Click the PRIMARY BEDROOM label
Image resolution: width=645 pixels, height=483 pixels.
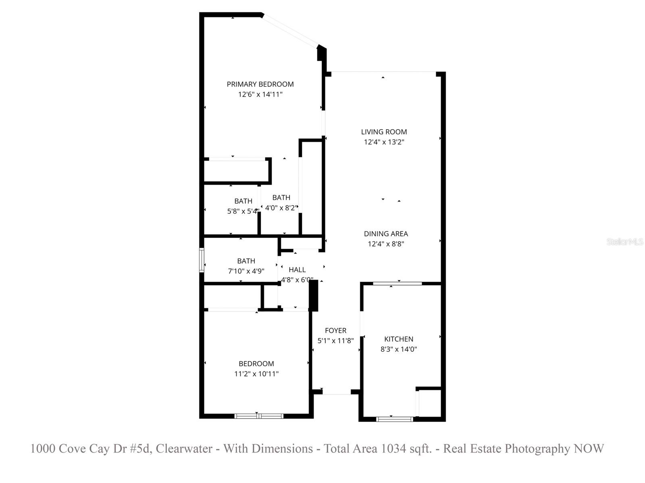(x=260, y=84)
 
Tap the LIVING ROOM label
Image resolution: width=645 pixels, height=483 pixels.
(x=384, y=132)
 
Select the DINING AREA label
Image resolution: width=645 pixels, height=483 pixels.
(x=386, y=233)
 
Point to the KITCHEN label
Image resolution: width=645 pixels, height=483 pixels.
(x=398, y=339)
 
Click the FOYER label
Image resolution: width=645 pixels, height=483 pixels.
(x=335, y=330)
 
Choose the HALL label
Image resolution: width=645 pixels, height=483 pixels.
(x=297, y=270)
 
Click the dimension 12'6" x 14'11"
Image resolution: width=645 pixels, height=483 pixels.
(x=260, y=95)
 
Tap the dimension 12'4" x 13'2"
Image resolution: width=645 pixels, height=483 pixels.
(x=384, y=142)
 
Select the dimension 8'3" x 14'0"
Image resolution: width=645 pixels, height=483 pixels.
(x=398, y=349)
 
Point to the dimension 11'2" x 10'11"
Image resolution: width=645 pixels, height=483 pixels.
(x=256, y=374)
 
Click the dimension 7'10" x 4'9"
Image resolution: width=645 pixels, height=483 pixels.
(x=246, y=271)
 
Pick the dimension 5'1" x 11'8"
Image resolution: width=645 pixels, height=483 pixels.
(x=335, y=341)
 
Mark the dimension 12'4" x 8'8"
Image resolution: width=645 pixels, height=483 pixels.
(x=386, y=244)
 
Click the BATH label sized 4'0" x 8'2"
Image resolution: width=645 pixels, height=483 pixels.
(x=281, y=198)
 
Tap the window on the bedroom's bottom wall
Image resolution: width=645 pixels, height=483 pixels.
(x=259, y=416)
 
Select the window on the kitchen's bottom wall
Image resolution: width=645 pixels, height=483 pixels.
(x=394, y=419)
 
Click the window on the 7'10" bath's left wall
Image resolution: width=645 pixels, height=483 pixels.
(x=202, y=260)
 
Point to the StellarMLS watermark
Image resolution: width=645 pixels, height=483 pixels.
(x=625, y=242)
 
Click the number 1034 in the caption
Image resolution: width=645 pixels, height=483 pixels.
(x=393, y=448)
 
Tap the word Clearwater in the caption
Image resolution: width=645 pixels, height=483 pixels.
(x=184, y=448)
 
